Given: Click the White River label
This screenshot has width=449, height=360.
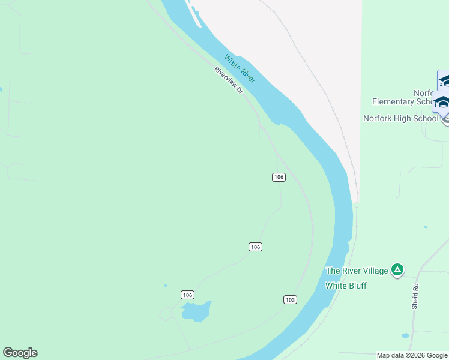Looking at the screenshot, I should [240, 68].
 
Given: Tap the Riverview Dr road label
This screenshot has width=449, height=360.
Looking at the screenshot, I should [229, 80].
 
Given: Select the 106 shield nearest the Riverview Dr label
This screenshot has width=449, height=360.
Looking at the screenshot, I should [278, 177].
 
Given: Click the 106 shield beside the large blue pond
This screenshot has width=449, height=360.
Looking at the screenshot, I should [188, 295].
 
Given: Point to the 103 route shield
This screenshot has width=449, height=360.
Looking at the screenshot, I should [290, 299].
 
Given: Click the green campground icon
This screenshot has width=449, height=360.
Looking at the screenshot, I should [397, 270].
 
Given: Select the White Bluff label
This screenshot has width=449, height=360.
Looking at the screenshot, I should [346, 286].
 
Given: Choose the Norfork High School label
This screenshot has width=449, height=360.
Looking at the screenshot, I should [401, 118].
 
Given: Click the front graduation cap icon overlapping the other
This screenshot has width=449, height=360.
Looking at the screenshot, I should [442, 101].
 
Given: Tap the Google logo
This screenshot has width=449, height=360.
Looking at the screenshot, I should [20, 353].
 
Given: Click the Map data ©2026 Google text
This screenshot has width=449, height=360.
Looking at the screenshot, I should [412, 355].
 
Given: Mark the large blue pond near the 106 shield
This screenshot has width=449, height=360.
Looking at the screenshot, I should [196, 311].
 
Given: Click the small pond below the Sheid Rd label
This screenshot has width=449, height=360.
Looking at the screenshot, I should [405, 335].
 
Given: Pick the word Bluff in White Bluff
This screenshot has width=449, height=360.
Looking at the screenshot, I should [357, 286].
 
